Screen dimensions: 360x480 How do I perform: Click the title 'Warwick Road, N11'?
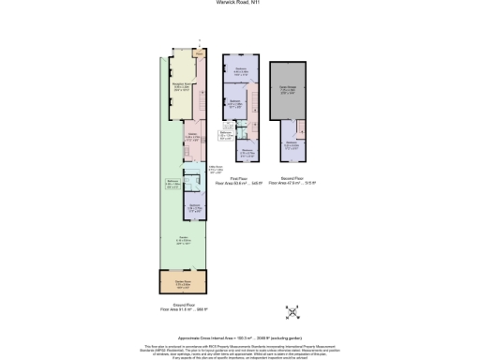[240, 5]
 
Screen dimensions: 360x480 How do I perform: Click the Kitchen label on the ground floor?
[191, 137]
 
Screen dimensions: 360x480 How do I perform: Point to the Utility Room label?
[216, 170]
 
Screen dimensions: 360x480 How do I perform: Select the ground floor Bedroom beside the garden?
[193, 206]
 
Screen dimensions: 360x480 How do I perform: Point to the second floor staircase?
[303, 128]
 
